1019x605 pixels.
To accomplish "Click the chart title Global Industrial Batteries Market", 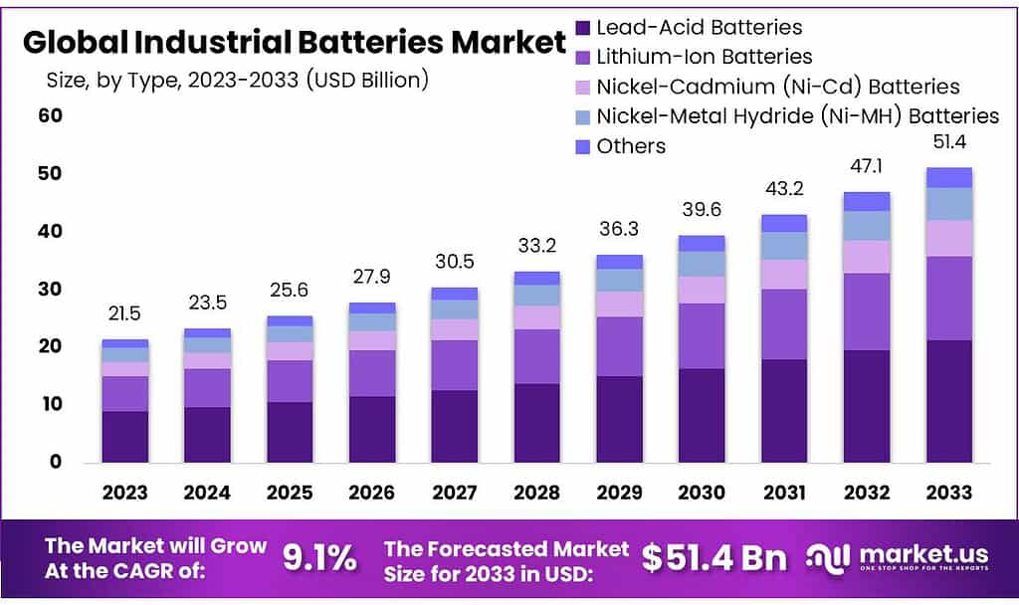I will click(x=294, y=43).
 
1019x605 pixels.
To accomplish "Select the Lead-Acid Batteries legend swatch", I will click(x=582, y=28).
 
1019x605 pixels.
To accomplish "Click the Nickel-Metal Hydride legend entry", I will click(x=797, y=116).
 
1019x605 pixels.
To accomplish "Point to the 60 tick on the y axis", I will click(x=51, y=115).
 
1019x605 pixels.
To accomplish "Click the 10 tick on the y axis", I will click(x=51, y=404).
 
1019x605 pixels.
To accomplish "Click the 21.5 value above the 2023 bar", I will click(x=124, y=313).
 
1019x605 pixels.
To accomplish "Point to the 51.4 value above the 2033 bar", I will click(x=949, y=142).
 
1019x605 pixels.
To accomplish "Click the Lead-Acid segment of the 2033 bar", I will click(x=949, y=401).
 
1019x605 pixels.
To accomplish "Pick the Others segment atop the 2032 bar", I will click(x=867, y=201).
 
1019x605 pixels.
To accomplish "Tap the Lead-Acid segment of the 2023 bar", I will click(x=124, y=437).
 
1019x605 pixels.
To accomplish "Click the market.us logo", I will click(x=895, y=558).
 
